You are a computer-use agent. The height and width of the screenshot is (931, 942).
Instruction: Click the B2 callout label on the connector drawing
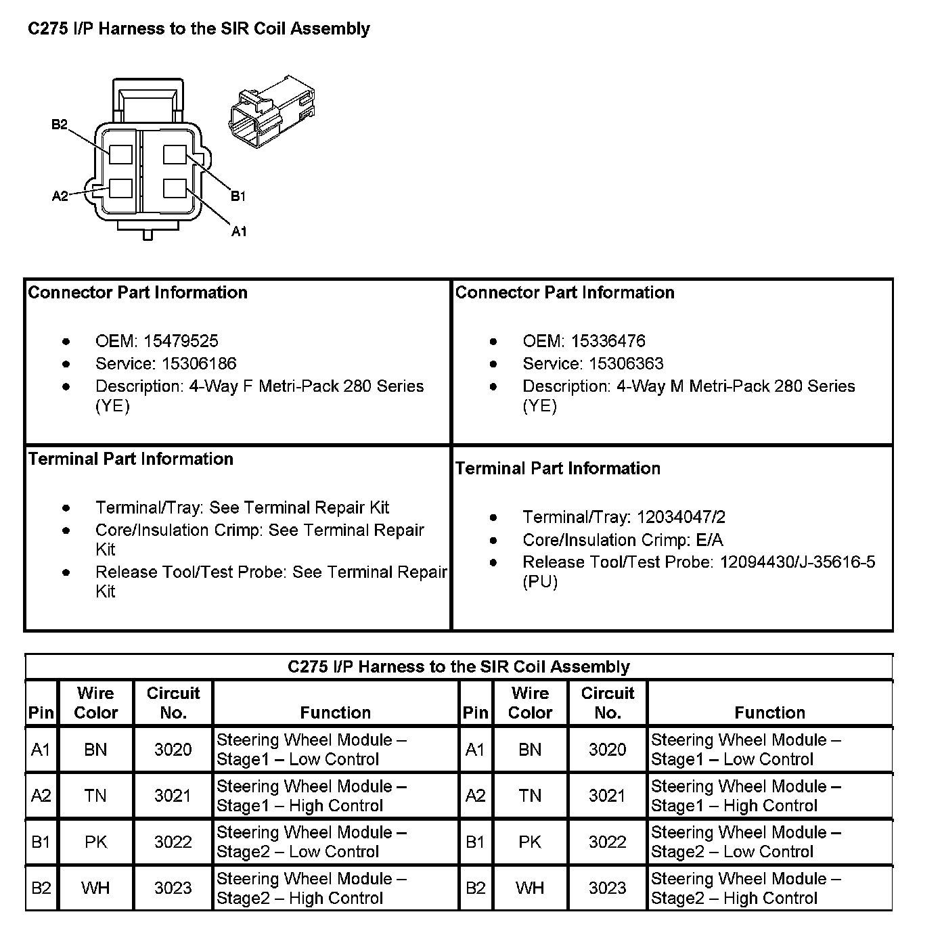[60, 124]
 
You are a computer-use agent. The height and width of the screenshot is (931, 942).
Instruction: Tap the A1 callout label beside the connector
[239, 231]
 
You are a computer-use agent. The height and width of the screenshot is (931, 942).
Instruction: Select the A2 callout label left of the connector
[60, 196]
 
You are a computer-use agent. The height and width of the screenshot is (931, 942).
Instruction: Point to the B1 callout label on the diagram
[238, 196]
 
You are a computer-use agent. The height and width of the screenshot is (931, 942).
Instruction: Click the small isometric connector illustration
[272, 114]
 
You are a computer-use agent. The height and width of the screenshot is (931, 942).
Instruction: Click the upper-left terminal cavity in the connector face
[121, 155]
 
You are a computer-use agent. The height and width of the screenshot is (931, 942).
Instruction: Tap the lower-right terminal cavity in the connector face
[175, 189]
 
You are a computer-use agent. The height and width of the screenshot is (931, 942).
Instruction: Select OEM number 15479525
[181, 341]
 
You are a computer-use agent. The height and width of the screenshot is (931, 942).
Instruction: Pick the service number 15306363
[626, 363]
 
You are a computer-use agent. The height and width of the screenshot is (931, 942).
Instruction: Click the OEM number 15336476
[608, 341]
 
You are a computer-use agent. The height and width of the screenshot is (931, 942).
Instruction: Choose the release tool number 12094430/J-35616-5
[797, 562]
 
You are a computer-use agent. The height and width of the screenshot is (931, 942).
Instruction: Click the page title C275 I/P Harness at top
[198, 28]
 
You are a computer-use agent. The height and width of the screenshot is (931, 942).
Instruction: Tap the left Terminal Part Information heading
[131, 459]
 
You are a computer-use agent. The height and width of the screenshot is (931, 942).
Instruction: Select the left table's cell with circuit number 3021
[173, 796]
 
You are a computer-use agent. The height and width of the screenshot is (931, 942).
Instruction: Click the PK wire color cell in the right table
[530, 842]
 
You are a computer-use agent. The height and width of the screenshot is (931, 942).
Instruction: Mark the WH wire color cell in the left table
[95, 888]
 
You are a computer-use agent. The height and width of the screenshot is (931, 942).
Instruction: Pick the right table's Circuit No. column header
[607, 702]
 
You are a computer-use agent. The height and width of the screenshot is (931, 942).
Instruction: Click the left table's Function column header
[335, 712]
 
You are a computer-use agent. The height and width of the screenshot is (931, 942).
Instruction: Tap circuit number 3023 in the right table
[607, 888]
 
